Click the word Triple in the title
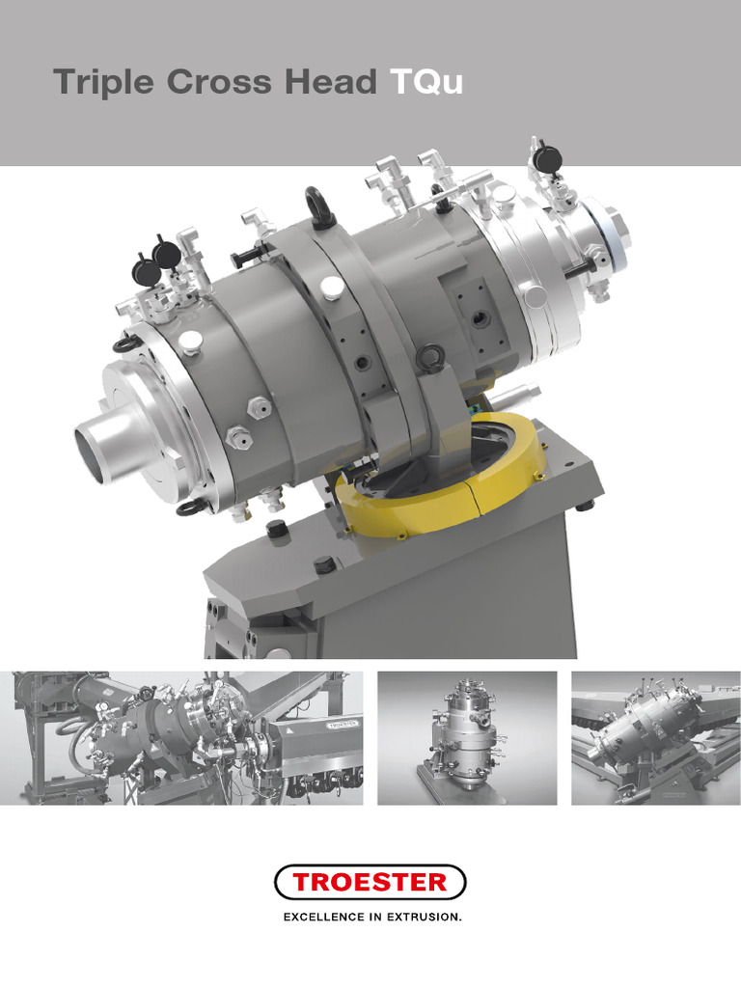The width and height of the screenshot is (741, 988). point(103,83)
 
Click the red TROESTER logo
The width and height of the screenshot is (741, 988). point(370,882)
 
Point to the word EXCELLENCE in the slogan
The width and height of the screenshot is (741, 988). point(324,917)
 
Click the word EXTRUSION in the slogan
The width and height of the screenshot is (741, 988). point(425,917)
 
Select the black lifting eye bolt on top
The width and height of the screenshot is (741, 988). point(320,204)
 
